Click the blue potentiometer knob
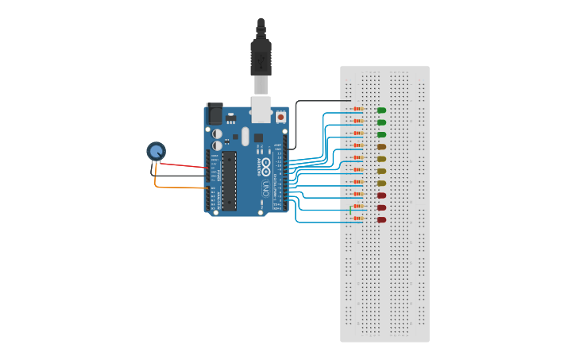pyautogui.click(x=156, y=150)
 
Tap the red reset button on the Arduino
pyautogui.click(x=280, y=116)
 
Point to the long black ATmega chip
pyautogui.click(x=229, y=180)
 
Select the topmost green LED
pyautogui.click(x=381, y=110)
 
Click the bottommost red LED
pyautogui.click(x=381, y=219)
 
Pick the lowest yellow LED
pyautogui.click(x=381, y=183)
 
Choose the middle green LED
pyautogui.click(x=381, y=122)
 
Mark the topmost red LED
pyautogui.click(x=381, y=195)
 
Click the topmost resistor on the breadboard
pyautogui.click(x=358, y=109)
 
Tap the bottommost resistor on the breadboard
pyautogui.click(x=358, y=218)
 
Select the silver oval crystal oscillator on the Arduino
pyautogui.click(x=245, y=137)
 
